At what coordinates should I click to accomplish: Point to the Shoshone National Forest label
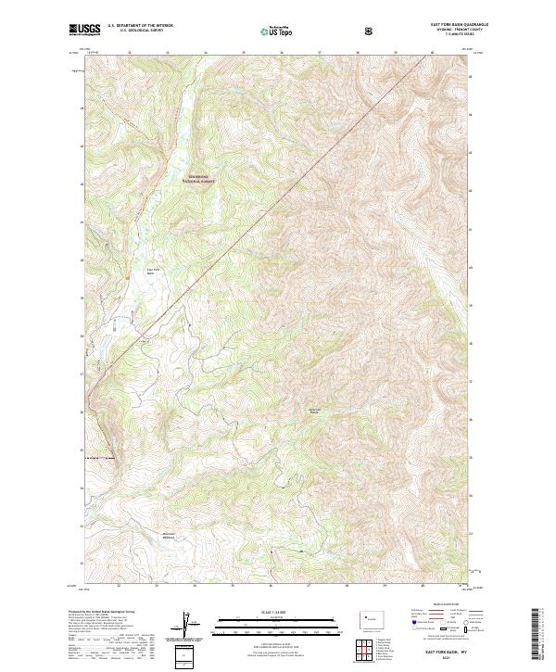click(197, 180)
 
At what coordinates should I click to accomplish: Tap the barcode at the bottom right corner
click(537, 637)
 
